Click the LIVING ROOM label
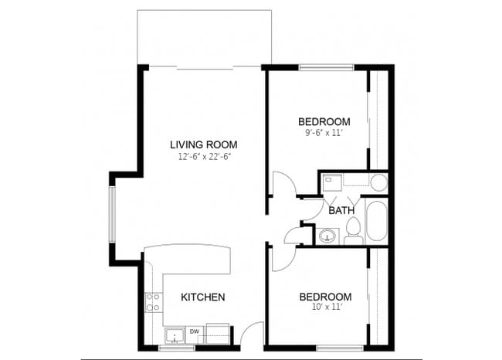204,144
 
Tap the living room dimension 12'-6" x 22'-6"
204,157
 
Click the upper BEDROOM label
324,121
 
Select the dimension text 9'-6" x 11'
324,133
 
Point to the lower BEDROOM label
325,297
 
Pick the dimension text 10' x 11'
325,308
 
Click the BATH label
341,210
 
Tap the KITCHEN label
203,297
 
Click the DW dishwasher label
195,332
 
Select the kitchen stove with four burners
152,301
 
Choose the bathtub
376,222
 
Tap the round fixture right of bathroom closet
378,183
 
